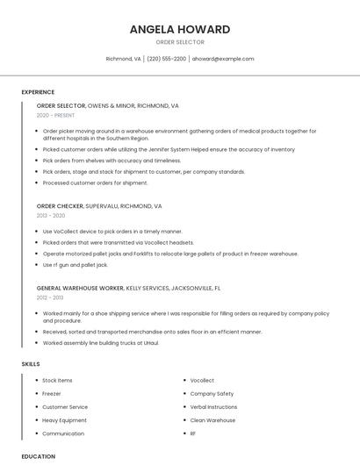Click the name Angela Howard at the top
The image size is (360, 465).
pyautogui.click(x=179, y=29)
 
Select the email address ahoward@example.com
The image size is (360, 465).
pyautogui.click(x=222, y=59)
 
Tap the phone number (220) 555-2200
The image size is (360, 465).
pyautogui.click(x=166, y=59)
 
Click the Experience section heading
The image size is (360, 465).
pyautogui.click(x=38, y=92)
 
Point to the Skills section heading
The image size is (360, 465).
pyautogui.click(x=30, y=363)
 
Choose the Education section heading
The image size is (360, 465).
pyautogui.click(x=38, y=456)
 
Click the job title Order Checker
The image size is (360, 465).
pyautogui.click(x=60, y=206)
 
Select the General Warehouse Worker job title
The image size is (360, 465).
pyautogui.click(x=80, y=288)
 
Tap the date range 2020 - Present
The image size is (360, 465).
pyautogui.click(x=55, y=115)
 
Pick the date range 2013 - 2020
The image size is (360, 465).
pyautogui.click(x=51, y=215)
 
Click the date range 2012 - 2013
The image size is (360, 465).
pyautogui.click(x=50, y=297)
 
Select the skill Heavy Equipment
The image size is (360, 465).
pyautogui.click(x=64, y=420)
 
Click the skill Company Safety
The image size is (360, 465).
pyautogui.click(x=212, y=394)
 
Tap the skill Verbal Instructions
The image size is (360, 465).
pyautogui.click(x=213, y=407)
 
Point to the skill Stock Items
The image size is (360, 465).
pyautogui.click(x=57, y=380)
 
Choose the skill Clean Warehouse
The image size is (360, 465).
pyautogui.click(x=212, y=420)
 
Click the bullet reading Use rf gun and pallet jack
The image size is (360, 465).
pyautogui.click(x=76, y=264)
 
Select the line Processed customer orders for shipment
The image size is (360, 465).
pyautogui.click(x=95, y=182)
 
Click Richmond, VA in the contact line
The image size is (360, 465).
pyautogui.click(x=123, y=59)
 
